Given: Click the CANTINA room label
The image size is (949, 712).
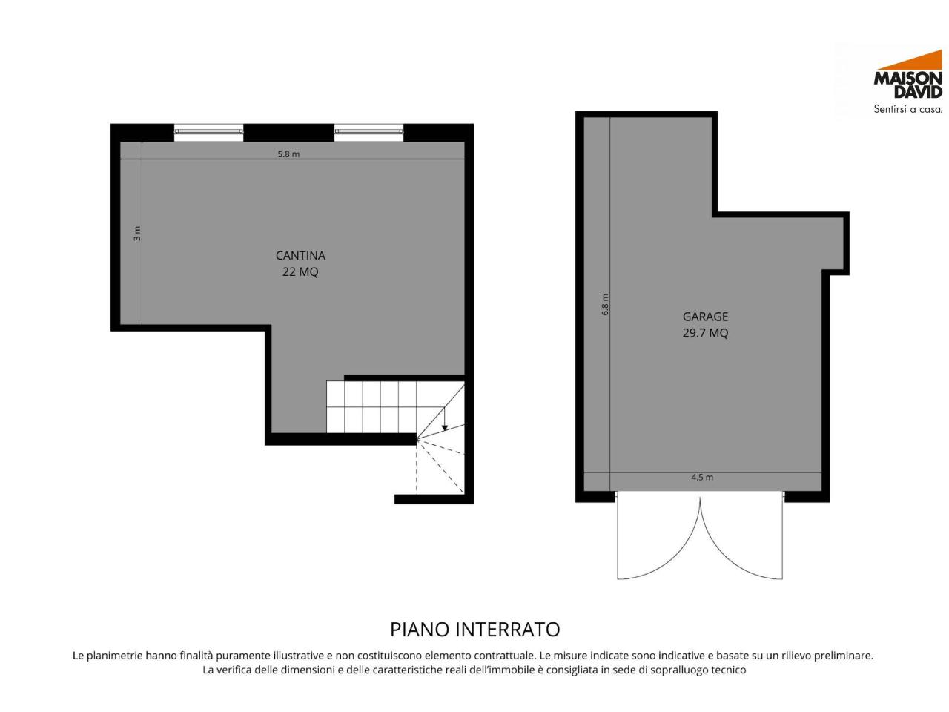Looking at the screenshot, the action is (300, 255).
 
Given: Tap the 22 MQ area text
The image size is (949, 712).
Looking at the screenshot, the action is (300, 272).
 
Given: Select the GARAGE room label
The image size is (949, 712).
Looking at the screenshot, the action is (705, 317).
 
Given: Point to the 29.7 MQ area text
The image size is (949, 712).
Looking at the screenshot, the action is (705, 333).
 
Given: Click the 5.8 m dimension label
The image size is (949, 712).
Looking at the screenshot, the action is (288, 154).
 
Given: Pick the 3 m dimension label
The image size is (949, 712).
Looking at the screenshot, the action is (137, 234).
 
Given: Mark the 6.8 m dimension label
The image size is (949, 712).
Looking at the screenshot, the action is (605, 304).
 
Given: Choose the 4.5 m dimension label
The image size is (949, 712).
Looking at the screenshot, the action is (702, 477).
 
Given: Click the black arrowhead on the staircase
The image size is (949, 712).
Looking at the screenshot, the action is (444, 428).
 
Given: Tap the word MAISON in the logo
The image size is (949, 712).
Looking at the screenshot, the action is (908, 79).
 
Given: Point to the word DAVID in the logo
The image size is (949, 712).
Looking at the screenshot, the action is (918, 92).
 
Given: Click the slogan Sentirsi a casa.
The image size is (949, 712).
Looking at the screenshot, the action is (908, 109).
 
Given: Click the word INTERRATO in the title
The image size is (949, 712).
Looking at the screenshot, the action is (507, 630).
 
